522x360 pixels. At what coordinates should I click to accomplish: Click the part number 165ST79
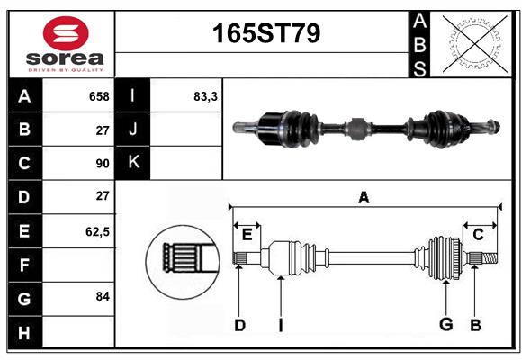tap(266, 33)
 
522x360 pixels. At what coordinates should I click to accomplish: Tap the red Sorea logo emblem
tap(66, 33)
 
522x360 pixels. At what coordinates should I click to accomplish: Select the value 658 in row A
tap(99, 96)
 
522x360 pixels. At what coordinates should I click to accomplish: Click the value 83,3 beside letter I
tap(205, 96)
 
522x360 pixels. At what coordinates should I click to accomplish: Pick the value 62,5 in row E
tap(97, 231)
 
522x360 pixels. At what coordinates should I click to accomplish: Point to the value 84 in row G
tap(103, 296)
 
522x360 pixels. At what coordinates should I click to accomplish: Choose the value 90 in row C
tap(103, 164)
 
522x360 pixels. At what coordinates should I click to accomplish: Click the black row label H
tap(25, 332)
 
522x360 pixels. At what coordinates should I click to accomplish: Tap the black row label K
tap(133, 162)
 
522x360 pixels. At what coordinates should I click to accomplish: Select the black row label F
tap(25, 265)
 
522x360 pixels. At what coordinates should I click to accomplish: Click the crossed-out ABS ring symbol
tap(475, 43)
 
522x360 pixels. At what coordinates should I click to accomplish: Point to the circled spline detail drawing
tap(183, 262)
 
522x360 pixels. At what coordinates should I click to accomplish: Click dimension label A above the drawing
tap(364, 197)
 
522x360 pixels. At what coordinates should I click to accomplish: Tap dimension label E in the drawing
tap(247, 235)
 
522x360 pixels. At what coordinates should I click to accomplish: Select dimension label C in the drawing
tap(478, 235)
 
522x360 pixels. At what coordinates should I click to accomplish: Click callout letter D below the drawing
tap(239, 325)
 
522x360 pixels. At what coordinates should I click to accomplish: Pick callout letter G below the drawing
tap(446, 324)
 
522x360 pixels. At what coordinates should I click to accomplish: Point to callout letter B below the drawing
tap(475, 325)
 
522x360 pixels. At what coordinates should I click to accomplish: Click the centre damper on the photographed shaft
tap(357, 129)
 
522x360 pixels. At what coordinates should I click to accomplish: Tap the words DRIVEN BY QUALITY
tap(66, 70)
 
